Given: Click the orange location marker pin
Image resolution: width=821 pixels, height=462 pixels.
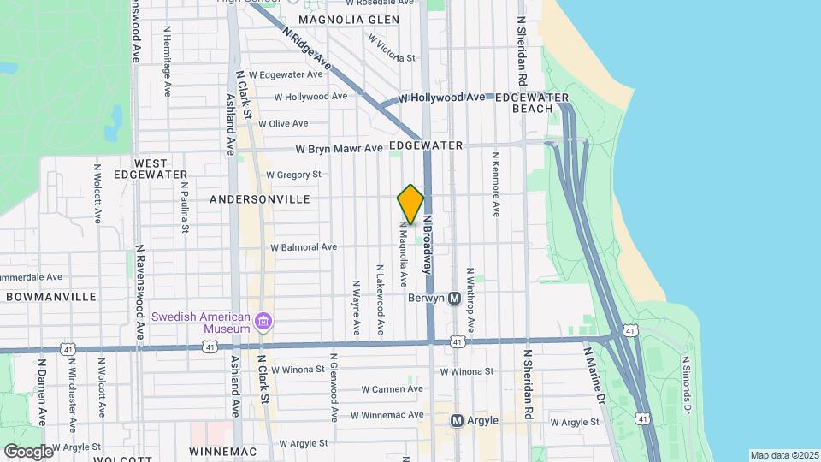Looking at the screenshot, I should point(410,204).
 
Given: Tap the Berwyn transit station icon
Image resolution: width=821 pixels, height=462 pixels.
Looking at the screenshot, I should point(455,299).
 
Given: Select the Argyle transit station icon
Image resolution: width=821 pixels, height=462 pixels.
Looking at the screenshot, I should point(457,420).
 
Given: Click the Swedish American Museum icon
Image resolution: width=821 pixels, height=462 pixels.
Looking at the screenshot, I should point(264,322).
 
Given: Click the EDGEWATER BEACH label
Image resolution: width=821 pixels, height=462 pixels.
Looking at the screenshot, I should point(531,103).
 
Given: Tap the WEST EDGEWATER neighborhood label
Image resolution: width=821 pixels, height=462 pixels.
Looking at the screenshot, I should point(161,169).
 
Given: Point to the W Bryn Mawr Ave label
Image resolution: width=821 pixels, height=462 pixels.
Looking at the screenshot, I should point(340,148).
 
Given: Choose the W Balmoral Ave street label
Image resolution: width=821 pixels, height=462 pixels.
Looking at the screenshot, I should point(304,247).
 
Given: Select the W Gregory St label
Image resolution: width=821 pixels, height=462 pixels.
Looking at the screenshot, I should point(293,175).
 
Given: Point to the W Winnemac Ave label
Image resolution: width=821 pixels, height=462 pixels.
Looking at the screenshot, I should point(387,415).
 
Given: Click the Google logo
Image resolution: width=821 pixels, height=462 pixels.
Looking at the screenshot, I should point(28,451).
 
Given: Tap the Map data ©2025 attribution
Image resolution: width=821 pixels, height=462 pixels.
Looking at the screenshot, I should point(783,455).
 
